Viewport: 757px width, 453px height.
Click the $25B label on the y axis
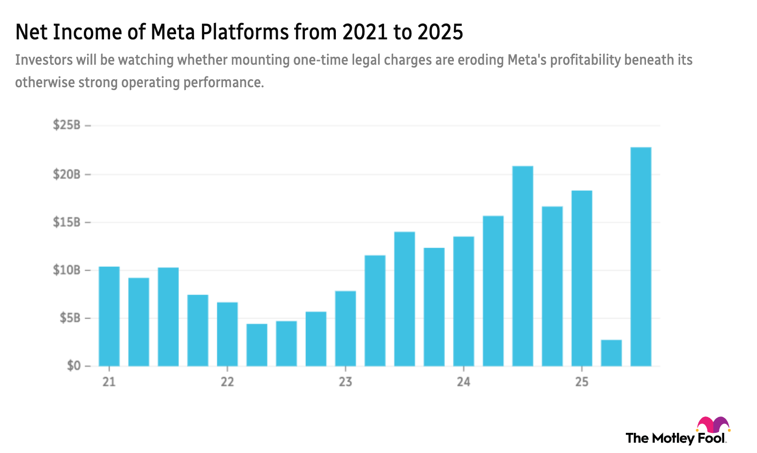(x=67, y=125)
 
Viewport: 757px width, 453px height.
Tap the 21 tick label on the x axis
(x=109, y=382)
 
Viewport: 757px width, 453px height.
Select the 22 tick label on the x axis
(x=227, y=382)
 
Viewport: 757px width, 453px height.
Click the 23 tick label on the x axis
(x=345, y=382)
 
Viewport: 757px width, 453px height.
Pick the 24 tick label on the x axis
(x=463, y=382)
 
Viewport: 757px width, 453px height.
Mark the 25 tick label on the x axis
(x=581, y=382)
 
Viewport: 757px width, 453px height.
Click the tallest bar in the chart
(x=641, y=256)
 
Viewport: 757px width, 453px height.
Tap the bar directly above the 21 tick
(x=109, y=316)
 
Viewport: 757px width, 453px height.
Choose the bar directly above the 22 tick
(x=227, y=333)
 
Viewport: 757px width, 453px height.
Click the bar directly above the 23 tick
(x=345, y=328)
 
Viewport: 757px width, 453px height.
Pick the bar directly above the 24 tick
(x=463, y=300)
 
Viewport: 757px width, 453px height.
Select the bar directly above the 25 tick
(x=581, y=278)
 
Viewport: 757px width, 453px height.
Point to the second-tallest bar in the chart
(x=522, y=265)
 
